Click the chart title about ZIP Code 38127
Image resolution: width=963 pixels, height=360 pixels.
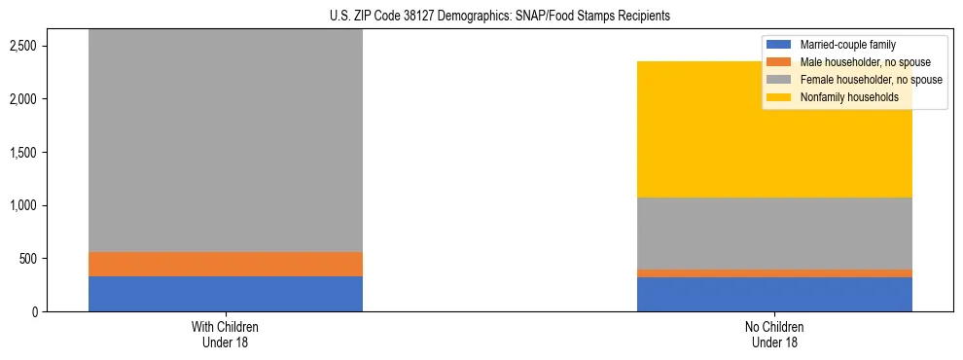(481, 17)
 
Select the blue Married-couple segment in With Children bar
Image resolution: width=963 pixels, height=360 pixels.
(225, 294)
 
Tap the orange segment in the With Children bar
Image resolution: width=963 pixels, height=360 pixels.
(225, 264)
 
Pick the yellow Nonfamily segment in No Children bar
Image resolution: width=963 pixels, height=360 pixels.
(774, 129)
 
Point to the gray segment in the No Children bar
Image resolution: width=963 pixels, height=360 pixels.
(774, 234)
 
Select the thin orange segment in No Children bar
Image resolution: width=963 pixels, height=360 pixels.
(774, 273)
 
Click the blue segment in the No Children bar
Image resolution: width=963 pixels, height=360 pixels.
(774, 295)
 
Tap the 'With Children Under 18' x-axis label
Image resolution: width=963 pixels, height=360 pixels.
(225, 334)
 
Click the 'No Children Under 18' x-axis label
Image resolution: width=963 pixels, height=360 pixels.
(774, 334)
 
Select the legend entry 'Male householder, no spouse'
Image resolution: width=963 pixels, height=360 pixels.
(865, 62)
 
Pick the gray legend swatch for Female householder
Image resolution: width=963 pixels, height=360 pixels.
(780, 80)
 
